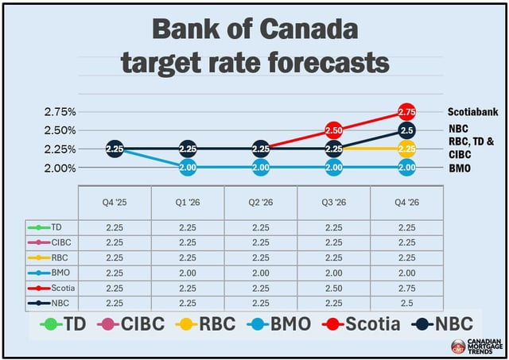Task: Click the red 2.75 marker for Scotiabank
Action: click(x=406, y=111)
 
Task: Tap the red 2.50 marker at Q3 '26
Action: click(x=333, y=130)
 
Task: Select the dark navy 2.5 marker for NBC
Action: click(x=406, y=130)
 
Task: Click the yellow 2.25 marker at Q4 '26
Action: click(x=406, y=149)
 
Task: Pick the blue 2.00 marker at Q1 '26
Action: click(x=188, y=167)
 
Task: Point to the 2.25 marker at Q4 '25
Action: click(x=115, y=149)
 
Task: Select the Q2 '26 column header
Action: click(x=260, y=202)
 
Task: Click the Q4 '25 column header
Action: click(x=115, y=202)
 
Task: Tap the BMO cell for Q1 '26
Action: click(x=188, y=271)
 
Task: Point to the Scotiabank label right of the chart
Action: click(x=472, y=112)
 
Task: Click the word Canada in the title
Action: click(x=315, y=30)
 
